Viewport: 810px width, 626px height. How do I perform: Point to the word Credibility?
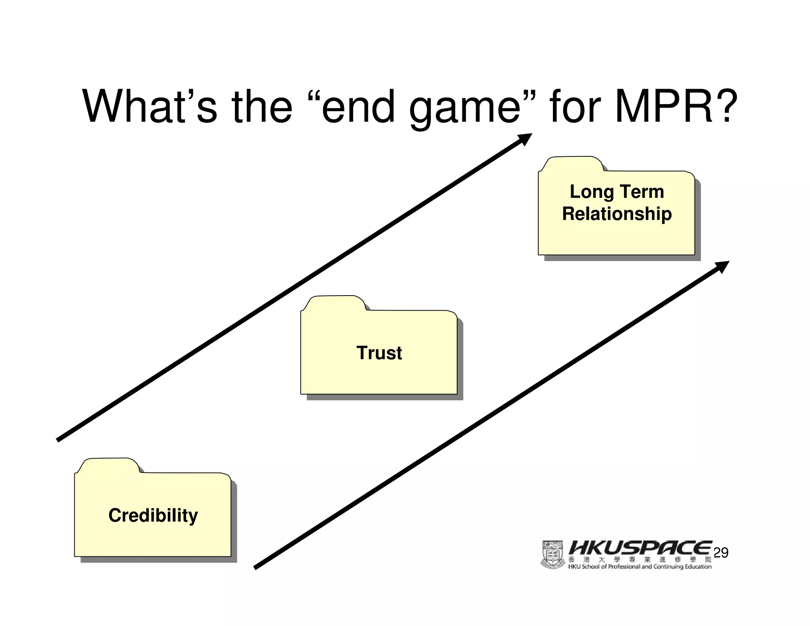pyautogui.click(x=153, y=515)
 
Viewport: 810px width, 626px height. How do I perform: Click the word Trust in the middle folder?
pyautogui.click(x=379, y=353)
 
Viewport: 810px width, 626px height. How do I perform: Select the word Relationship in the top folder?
pyautogui.click(x=617, y=214)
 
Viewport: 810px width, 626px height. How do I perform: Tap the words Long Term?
pyautogui.click(x=617, y=192)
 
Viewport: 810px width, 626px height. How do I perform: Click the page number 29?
pyautogui.click(x=721, y=553)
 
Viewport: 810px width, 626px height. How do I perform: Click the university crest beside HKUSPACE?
pyautogui.click(x=552, y=555)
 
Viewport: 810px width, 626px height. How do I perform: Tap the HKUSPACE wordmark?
pyautogui.click(x=640, y=548)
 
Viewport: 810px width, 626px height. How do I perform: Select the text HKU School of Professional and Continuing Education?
pyautogui.click(x=640, y=567)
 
